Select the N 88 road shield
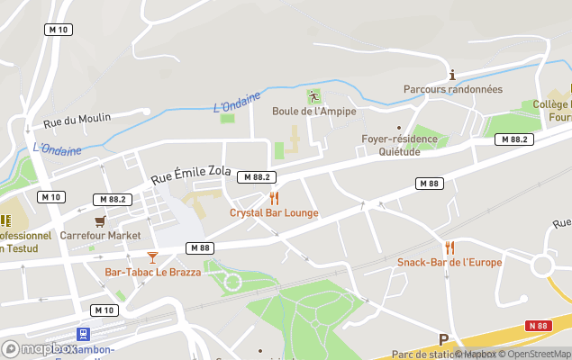tap(538, 325)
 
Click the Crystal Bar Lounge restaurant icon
tap(274, 198)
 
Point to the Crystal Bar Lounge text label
tap(274, 213)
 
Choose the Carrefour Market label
tap(101, 236)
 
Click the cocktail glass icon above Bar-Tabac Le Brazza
tap(152, 257)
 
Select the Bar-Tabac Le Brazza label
tap(151, 272)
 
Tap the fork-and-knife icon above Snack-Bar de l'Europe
tap(449, 247)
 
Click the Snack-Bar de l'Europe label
tap(449, 262)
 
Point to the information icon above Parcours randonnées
tap(452, 75)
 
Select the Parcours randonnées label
tap(452, 89)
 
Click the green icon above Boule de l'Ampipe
tap(313, 96)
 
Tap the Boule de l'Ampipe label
tap(314, 112)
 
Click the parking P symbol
tap(442, 339)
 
